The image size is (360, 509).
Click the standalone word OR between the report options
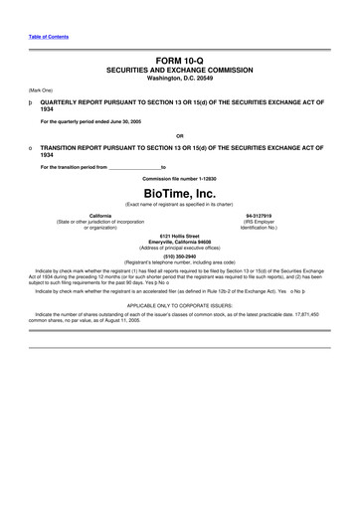179,135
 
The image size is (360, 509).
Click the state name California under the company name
99,215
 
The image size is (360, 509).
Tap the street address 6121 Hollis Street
179,235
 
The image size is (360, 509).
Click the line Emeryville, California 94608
179,241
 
